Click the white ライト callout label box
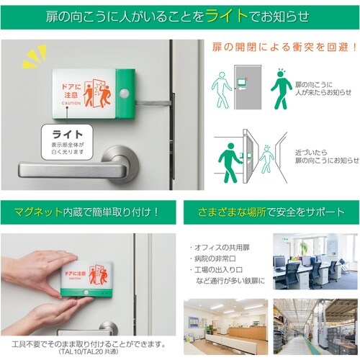[x=68, y=140]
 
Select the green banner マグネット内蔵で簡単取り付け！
[x=87, y=212]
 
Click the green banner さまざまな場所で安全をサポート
[x=270, y=212]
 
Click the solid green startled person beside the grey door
[x=280, y=89]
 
